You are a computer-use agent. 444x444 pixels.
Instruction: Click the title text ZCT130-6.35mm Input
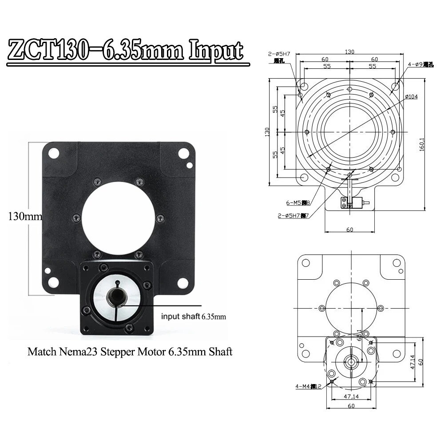126,50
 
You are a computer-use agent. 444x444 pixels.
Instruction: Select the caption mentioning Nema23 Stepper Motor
130,352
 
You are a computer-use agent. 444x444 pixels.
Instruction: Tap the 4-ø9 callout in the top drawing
420,65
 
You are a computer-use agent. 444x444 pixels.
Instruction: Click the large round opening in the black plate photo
117,217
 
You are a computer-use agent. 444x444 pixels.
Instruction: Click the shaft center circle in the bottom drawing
351,362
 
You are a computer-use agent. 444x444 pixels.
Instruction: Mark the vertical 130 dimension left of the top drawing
267,132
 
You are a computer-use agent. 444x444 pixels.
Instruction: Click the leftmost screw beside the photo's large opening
76,218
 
